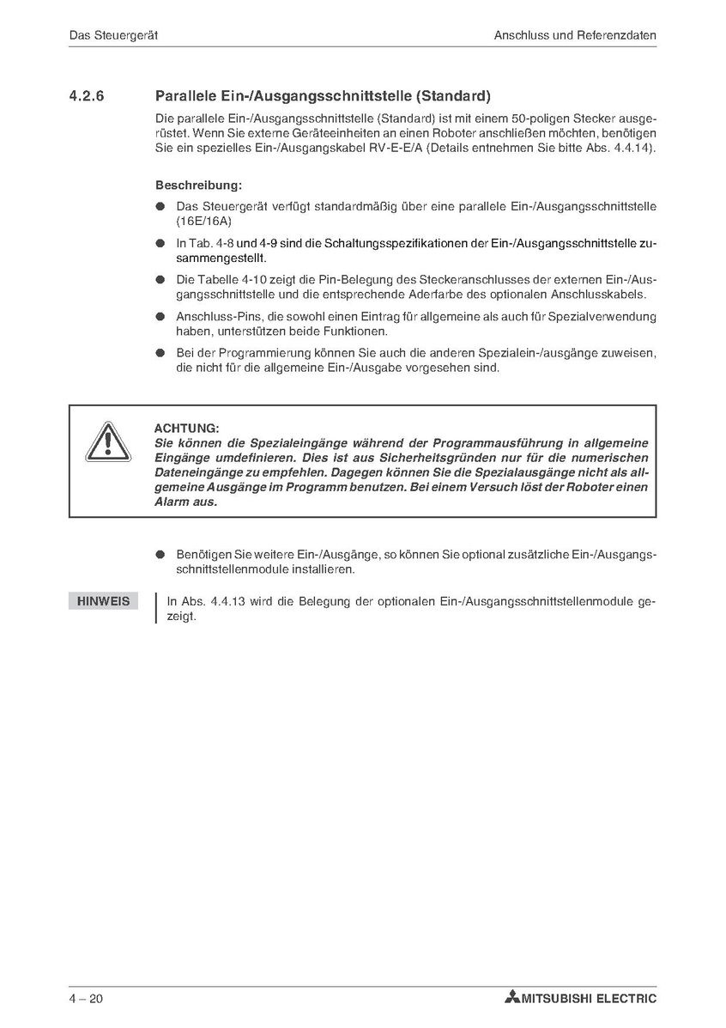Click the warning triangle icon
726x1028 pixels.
pos(107,443)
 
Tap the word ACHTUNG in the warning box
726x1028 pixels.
pos(186,428)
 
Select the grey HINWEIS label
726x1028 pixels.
pos(103,601)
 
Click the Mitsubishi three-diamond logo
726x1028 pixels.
pos(512,998)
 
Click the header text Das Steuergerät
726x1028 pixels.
pos(113,36)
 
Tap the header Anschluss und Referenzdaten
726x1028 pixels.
pos(575,36)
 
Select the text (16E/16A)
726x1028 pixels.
pos(198,221)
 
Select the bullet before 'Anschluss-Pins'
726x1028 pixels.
pos(160,317)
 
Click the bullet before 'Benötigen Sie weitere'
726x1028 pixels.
pos(160,556)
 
